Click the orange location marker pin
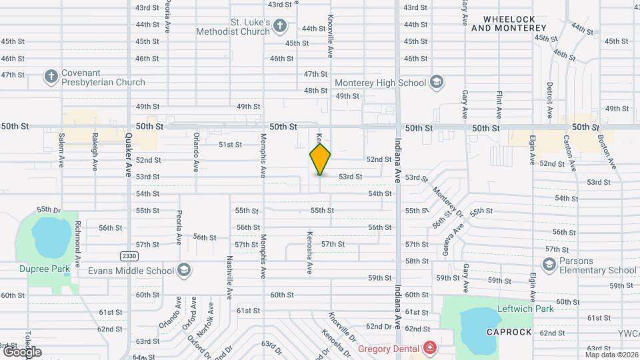tap(320, 159)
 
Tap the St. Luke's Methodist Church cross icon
tap(280, 27)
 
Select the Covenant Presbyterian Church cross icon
tap(51, 77)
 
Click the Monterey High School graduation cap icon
tap(437, 82)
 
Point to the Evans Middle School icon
tap(184, 271)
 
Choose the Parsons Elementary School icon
tap(549, 265)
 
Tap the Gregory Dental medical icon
tap(431, 348)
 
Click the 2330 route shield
tap(129, 256)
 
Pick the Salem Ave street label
tap(61, 149)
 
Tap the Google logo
tap(22, 351)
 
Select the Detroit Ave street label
tap(550, 100)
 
